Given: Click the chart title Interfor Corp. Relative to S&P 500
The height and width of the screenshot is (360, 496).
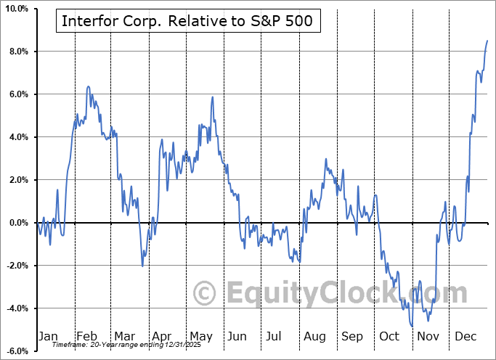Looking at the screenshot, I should point(187,20).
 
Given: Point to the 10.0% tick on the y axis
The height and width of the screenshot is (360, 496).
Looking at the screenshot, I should point(16,9).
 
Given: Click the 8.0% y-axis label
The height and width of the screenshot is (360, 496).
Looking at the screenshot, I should point(18,52).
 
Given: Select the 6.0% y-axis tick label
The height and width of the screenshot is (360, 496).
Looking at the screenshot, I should point(18,94).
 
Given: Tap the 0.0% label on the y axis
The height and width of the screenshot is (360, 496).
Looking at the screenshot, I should point(18,223).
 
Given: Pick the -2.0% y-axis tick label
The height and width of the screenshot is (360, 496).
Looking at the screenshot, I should point(16,266).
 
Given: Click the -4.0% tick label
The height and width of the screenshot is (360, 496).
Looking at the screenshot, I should point(16,308).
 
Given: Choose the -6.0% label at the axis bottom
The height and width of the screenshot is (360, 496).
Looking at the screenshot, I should point(16,351).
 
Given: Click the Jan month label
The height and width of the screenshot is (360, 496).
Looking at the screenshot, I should point(47,336).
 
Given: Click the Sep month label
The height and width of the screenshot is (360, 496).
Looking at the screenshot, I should point(352,336).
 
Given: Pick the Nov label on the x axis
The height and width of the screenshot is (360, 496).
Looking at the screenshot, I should point(428,336).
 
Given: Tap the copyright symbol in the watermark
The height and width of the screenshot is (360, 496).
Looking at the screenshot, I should point(205,293).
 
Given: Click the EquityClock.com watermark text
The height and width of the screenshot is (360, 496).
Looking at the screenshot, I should point(345,293).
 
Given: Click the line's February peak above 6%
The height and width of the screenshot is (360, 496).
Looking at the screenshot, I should point(88,86).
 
